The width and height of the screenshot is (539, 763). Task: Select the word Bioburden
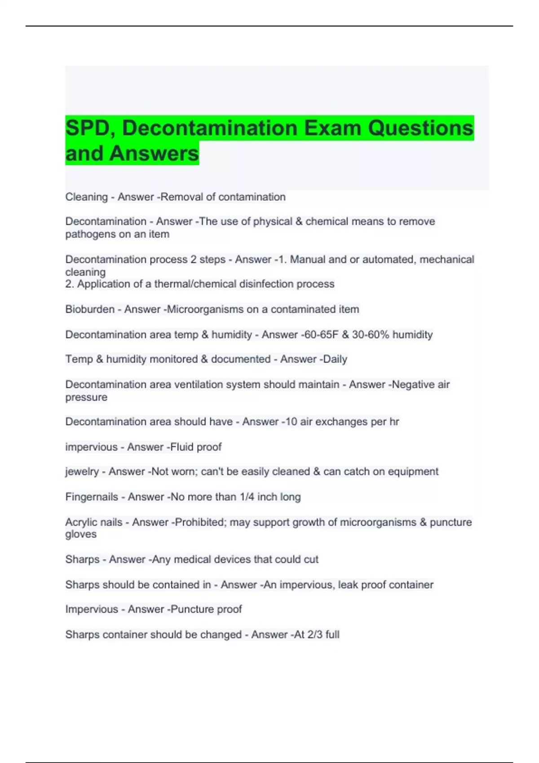(x=90, y=309)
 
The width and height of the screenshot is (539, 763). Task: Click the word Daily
(x=335, y=359)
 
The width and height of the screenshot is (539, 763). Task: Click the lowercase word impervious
(x=91, y=447)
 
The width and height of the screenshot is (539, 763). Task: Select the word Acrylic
(x=81, y=522)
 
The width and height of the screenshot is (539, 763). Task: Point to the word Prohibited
(x=201, y=522)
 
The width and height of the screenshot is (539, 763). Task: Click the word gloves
(x=81, y=534)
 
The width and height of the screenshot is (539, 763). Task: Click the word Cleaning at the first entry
(x=86, y=197)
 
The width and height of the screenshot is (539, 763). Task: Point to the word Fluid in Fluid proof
(x=183, y=447)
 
